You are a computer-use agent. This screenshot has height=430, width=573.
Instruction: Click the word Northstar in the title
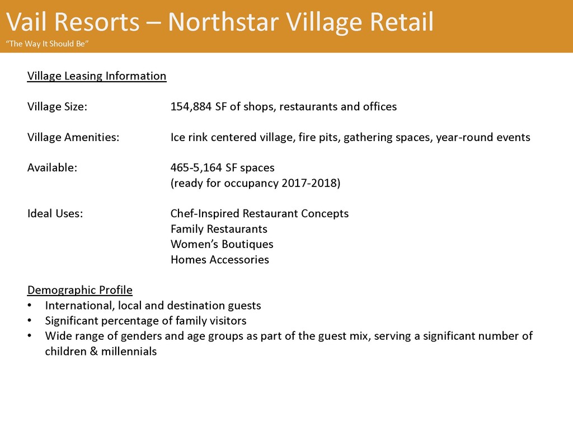click(x=223, y=22)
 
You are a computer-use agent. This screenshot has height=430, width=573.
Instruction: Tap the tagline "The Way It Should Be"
click(x=47, y=44)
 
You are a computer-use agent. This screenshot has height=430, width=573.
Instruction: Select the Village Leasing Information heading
click(x=96, y=76)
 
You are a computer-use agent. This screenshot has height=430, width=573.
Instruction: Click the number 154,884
click(x=191, y=106)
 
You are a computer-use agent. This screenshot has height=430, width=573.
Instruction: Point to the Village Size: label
click(x=58, y=106)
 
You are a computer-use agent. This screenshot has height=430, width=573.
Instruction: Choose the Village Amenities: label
click(x=73, y=137)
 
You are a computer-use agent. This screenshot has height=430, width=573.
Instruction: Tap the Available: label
click(x=52, y=167)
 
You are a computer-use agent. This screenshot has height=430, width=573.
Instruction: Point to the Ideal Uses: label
click(x=55, y=213)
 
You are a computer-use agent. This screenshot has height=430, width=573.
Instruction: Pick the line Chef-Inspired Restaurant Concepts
click(x=260, y=213)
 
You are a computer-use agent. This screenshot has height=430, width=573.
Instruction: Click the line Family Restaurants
click(x=219, y=229)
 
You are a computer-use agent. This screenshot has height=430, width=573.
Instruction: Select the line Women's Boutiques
click(x=222, y=244)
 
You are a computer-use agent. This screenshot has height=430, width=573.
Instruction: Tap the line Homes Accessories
click(x=219, y=260)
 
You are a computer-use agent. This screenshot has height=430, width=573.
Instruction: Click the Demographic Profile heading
click(x=79, y=290)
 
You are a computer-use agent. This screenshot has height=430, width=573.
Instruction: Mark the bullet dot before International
click(x=30, y=306)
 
